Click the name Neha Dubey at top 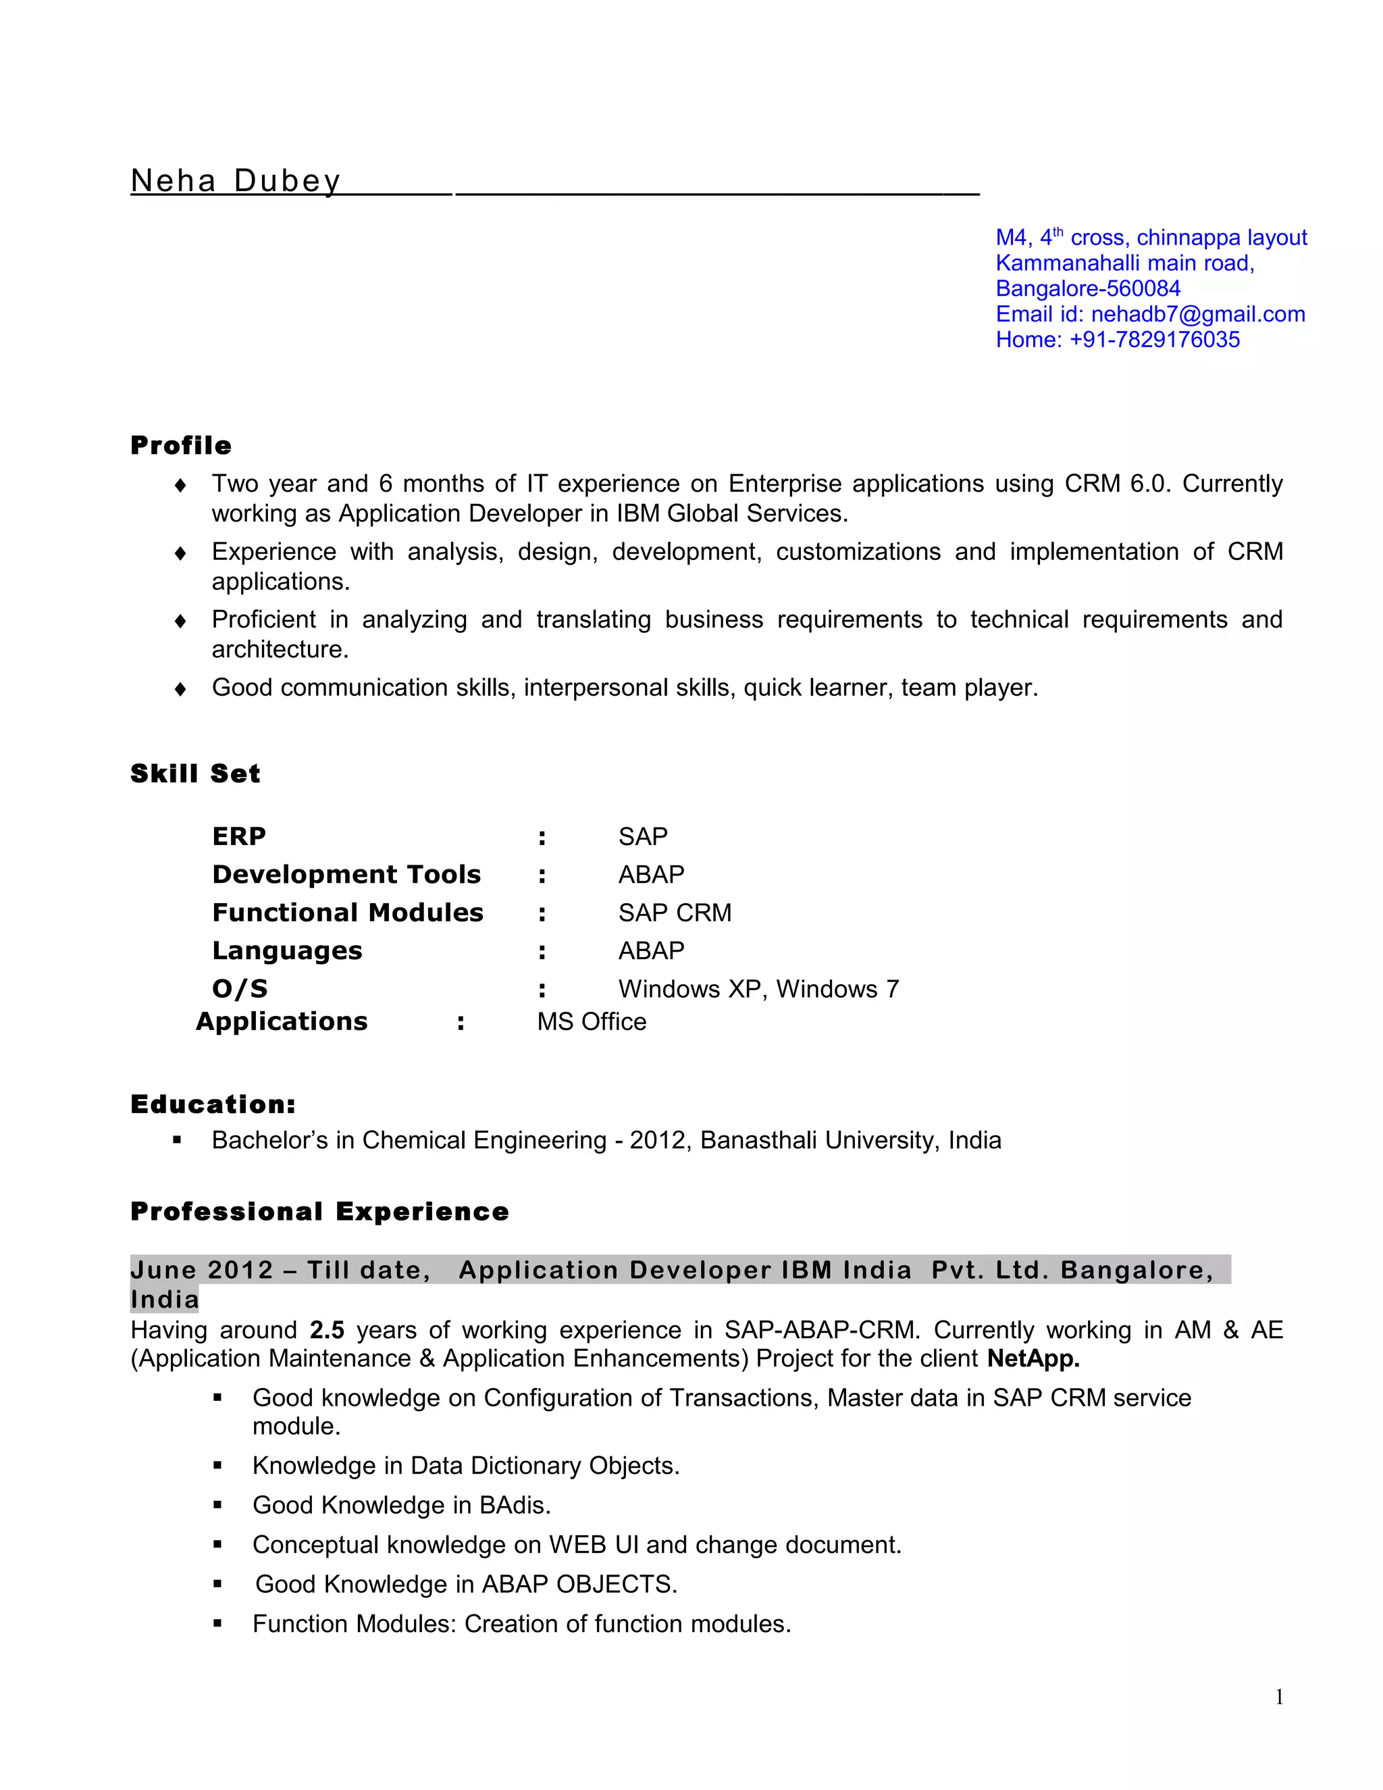(x=235, y=180)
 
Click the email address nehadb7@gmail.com (x=1197, y=314)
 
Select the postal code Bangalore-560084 (x=1087, y=288)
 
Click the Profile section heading (x=181, y=446)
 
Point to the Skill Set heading (x=195, y=773)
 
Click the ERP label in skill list (x=238, y=836)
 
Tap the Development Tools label (x=346, y=875)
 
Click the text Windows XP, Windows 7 (x=758, y=990)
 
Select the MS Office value (x=591, y=1022)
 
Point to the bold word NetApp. (x=1033, y=1358)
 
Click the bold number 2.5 (x=327, y=1329)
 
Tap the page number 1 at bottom (x=1279, y=1697)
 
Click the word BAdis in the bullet (x=514, y=1505)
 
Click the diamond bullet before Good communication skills (x=180, y=688)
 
